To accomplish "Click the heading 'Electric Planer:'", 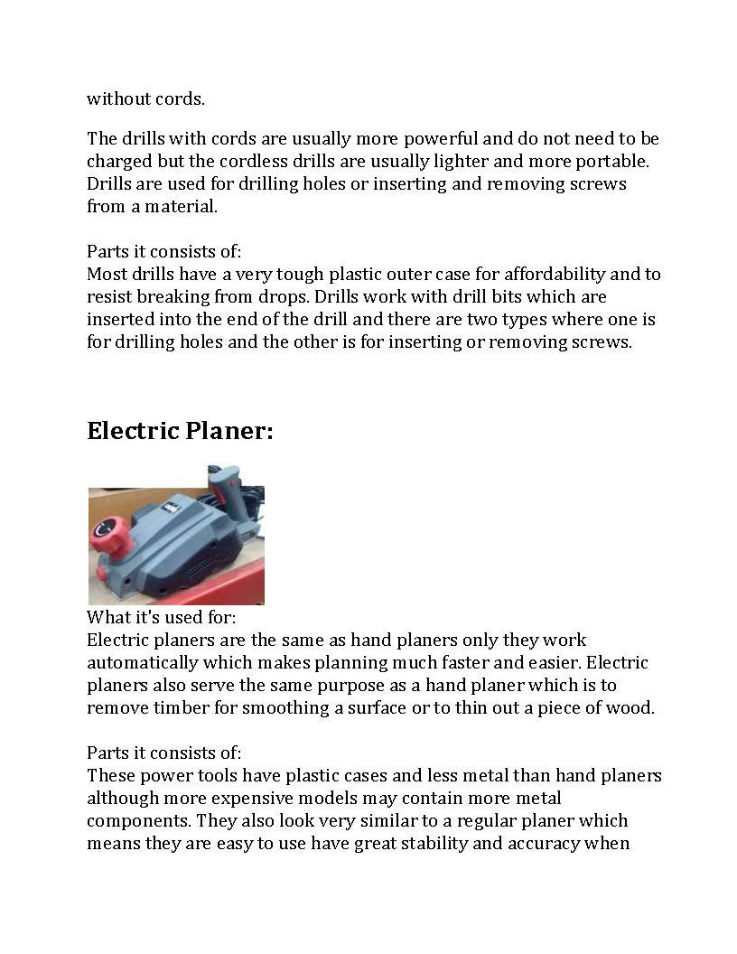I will pos(180,431).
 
